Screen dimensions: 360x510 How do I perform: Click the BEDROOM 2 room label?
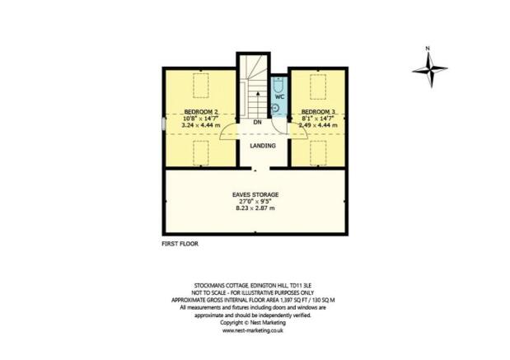click(200, 111)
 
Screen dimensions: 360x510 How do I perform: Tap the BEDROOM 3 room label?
click(317, 111)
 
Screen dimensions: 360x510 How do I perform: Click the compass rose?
click(428, 70)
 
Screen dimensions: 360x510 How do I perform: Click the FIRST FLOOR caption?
click(180, 244)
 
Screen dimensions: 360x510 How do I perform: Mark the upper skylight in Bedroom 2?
click(200, 84)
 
